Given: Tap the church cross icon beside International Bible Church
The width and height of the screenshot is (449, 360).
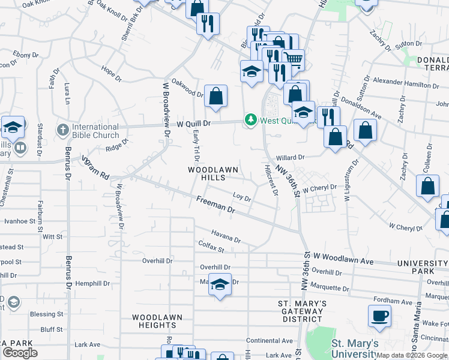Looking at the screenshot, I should coord(63,130).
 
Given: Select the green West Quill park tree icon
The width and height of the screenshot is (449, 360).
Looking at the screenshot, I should coord(251,121).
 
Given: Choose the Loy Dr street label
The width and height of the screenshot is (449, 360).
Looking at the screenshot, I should coord(241,197).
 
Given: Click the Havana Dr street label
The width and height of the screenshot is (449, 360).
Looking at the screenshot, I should coord(226,236).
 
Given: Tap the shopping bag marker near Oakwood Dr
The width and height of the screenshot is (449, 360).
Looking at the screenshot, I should coord(215,96).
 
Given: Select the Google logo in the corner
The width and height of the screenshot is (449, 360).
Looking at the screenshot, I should coord(20,353).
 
